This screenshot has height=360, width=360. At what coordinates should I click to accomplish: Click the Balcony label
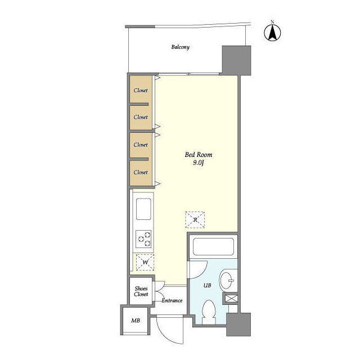click(x=181, y=47)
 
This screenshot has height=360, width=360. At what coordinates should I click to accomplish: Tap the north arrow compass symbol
click(x=272, y=32)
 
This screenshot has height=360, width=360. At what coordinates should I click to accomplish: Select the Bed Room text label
click(x=199, y=155)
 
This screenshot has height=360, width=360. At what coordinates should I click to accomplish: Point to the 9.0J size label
click(x=199, y=163)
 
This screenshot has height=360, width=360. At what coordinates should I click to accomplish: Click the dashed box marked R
click(x=195, y=220)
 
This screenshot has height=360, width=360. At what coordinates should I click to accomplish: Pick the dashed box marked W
click(x=145, y=262)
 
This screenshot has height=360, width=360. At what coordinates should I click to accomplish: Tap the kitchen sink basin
click(x=143, y=209)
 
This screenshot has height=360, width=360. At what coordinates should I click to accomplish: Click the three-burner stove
click(x=143, y=238)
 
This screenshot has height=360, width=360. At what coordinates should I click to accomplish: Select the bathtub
click(x=213, y=247)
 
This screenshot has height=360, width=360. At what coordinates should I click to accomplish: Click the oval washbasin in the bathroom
click(x=226, y=280)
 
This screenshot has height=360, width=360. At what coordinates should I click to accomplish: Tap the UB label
click(x=208, y=285)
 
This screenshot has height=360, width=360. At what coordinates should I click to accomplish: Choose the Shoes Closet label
click(x=141, y=291)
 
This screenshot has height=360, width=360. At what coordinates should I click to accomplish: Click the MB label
click(x=136, y=321)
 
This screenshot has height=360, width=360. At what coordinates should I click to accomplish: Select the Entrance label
click(x=172, y=300)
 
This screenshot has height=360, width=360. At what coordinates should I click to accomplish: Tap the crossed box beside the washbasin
click(x=231, y=299)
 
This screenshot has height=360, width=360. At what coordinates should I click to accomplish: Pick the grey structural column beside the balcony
click(x=236, y=60)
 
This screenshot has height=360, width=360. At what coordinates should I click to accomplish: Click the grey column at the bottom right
click(x=238, y=325)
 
